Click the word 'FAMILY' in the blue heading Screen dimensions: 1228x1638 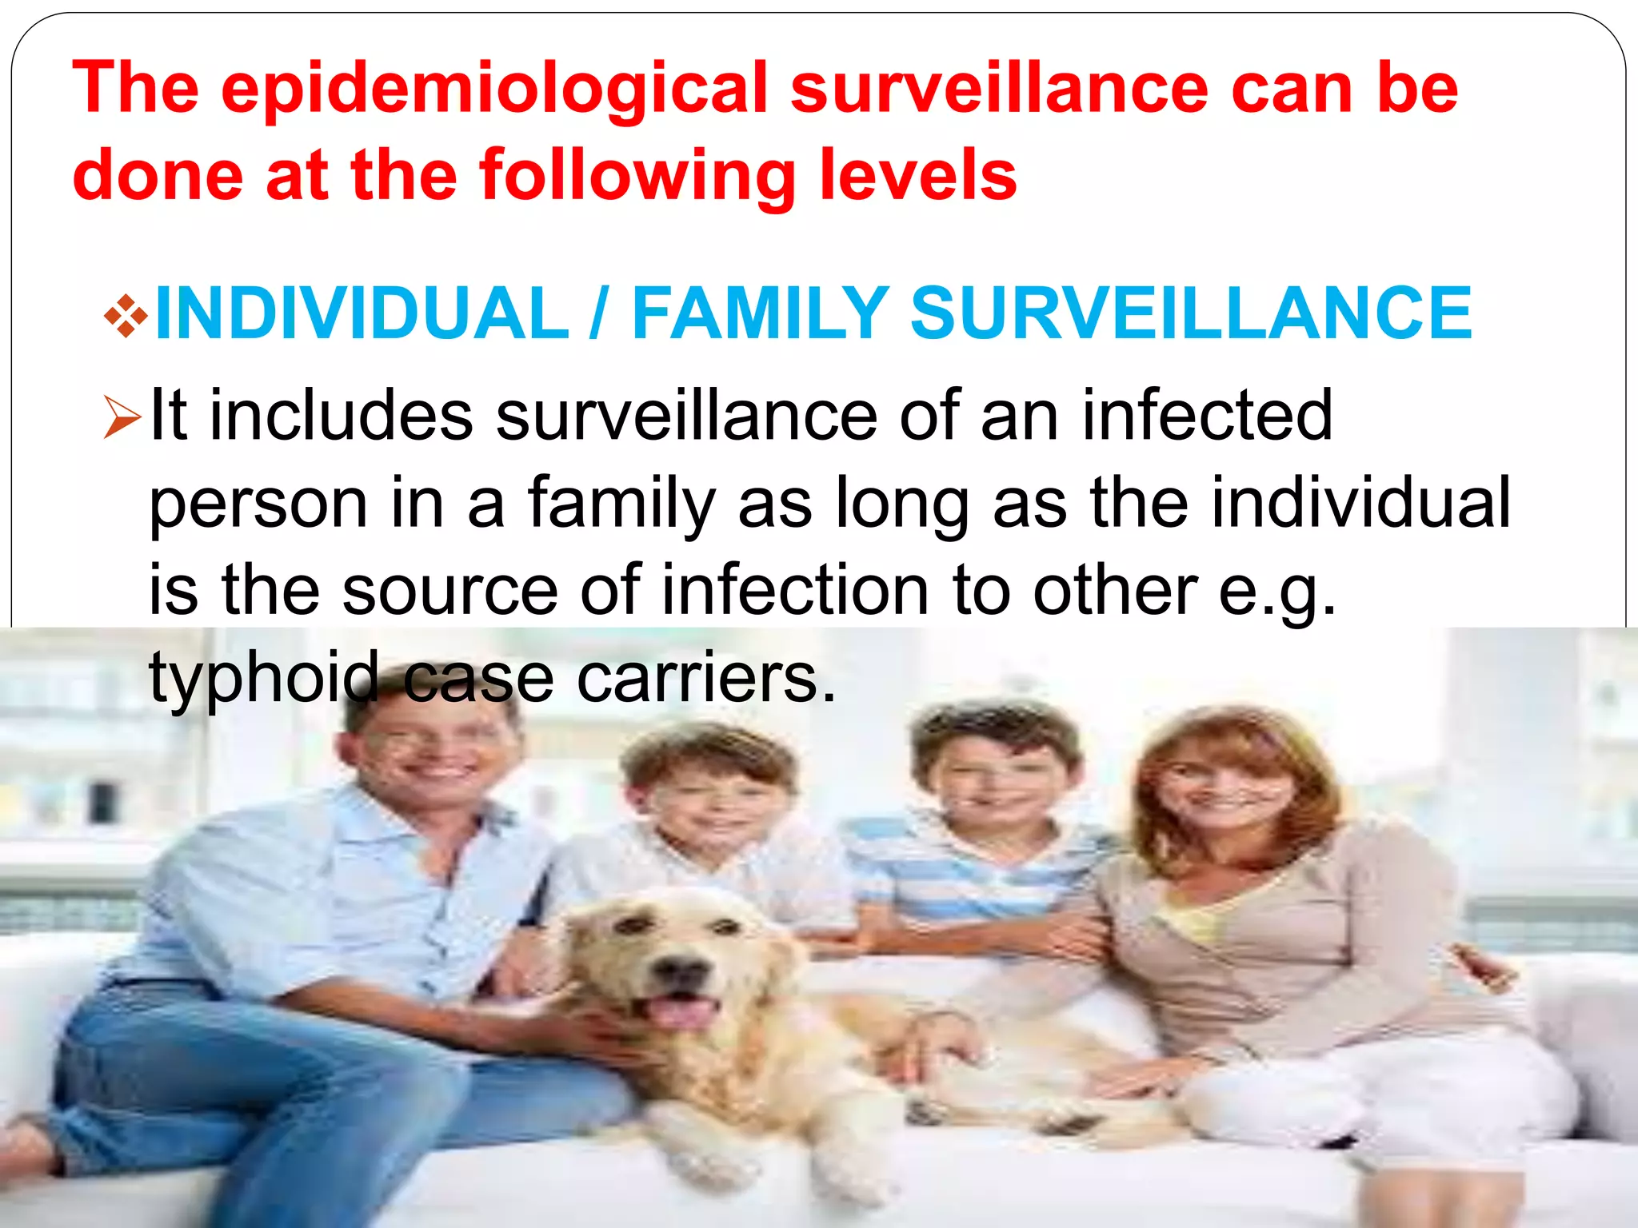point(760,313)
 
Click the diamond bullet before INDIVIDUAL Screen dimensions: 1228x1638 point(126,316)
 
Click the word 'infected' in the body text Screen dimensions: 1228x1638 point(1207,416)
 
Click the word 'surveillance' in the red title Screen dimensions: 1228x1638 point(1000,90)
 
